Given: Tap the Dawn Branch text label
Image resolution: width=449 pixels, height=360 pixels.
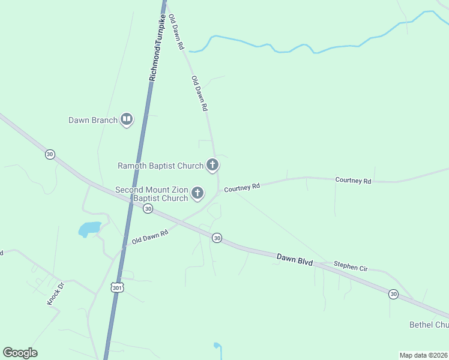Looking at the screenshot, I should point(92,120).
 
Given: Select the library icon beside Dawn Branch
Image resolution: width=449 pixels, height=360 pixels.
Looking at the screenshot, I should point(127,120).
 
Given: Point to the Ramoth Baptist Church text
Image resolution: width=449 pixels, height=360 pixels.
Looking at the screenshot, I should point(160,166).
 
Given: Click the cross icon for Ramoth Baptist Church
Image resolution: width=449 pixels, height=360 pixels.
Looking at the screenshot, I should point(212,164).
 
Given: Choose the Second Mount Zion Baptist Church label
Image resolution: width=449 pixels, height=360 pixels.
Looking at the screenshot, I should point(151,194).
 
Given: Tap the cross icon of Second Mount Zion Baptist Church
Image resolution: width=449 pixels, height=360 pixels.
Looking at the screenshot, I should point(197,193).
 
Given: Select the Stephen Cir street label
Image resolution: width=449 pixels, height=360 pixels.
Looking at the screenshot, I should point(351,267).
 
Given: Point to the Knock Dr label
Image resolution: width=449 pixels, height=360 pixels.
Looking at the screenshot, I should point(55,293).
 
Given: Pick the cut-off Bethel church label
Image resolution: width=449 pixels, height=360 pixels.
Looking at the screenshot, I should point(429,325).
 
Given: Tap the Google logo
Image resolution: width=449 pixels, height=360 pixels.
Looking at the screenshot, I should point(20,353).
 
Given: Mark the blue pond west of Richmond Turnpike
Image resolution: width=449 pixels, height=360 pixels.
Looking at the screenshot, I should point(89,229).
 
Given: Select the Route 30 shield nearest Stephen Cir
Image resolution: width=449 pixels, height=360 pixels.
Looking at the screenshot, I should point(393,293).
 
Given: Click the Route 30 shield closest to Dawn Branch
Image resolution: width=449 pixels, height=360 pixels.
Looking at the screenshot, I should point(50,154).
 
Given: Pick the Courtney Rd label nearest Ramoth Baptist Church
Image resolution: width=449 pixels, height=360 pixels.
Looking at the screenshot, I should point(241,188).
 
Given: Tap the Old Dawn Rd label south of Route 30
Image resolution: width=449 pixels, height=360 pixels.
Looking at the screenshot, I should point(150,236).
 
